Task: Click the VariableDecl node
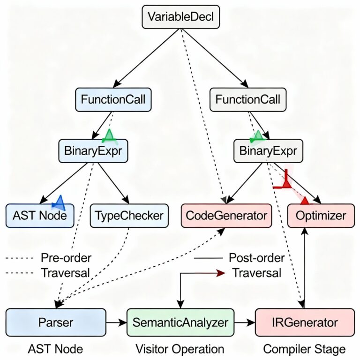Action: tap(180, 18)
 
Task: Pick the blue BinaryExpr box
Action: tap(93, 151)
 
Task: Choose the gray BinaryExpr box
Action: tap(268, 151)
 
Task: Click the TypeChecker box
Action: tap(129, 216)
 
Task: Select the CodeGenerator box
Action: tap(226, 216)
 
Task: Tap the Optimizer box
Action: tap(321, 216)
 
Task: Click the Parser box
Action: tap(55, 322)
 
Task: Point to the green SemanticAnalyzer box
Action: tap(180, 322)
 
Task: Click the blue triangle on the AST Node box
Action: tap(60, 202)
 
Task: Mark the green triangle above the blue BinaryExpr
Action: tap(109, 136)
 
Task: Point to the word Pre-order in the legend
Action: tap(66, 258)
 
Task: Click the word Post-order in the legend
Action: tap(256, 258)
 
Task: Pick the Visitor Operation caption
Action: tap(180, 349)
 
